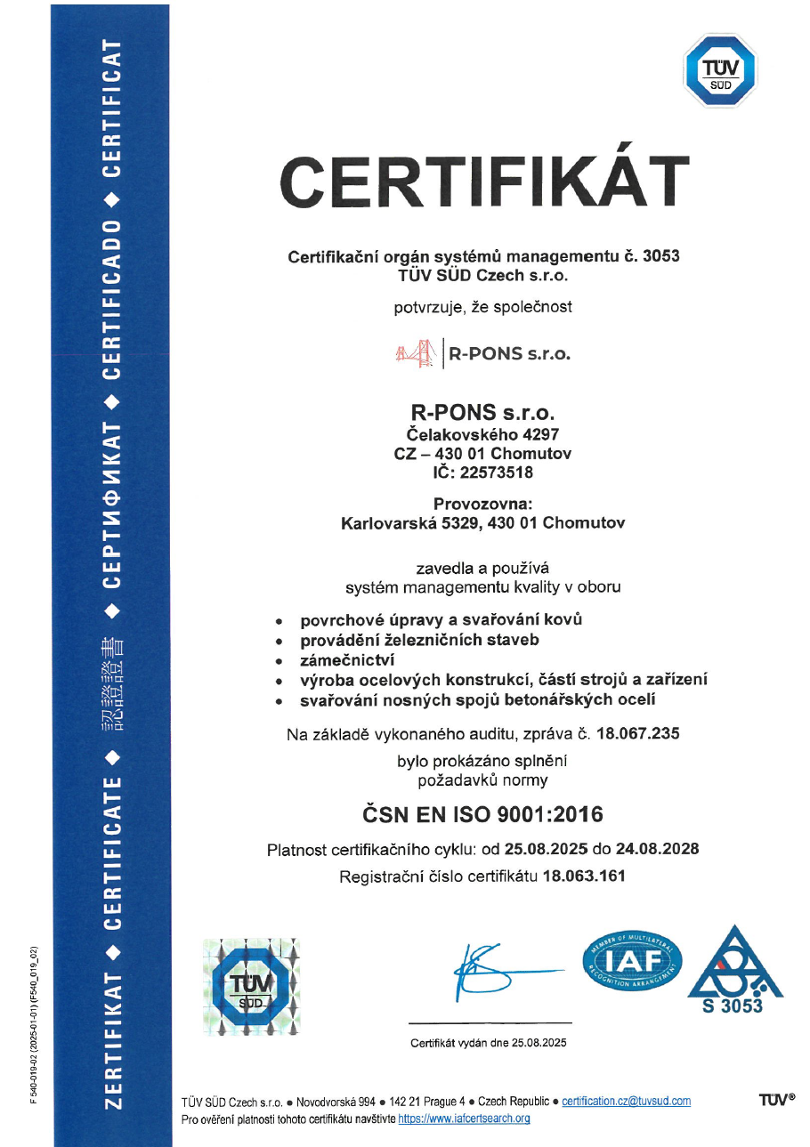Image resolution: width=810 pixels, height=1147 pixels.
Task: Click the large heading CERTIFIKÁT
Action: click(x=485, y=181)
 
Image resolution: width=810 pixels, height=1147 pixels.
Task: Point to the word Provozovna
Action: click(x=482, y=505)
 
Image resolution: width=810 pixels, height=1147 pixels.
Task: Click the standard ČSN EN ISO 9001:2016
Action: click(x=482, y=813)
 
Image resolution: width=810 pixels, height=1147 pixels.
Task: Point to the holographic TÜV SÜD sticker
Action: click(x=252, y=986)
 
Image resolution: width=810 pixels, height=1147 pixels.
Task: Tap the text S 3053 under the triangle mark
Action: click(x=738, y=1006)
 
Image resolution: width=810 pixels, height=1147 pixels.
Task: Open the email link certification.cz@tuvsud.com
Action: click(x=626, y=1102)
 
